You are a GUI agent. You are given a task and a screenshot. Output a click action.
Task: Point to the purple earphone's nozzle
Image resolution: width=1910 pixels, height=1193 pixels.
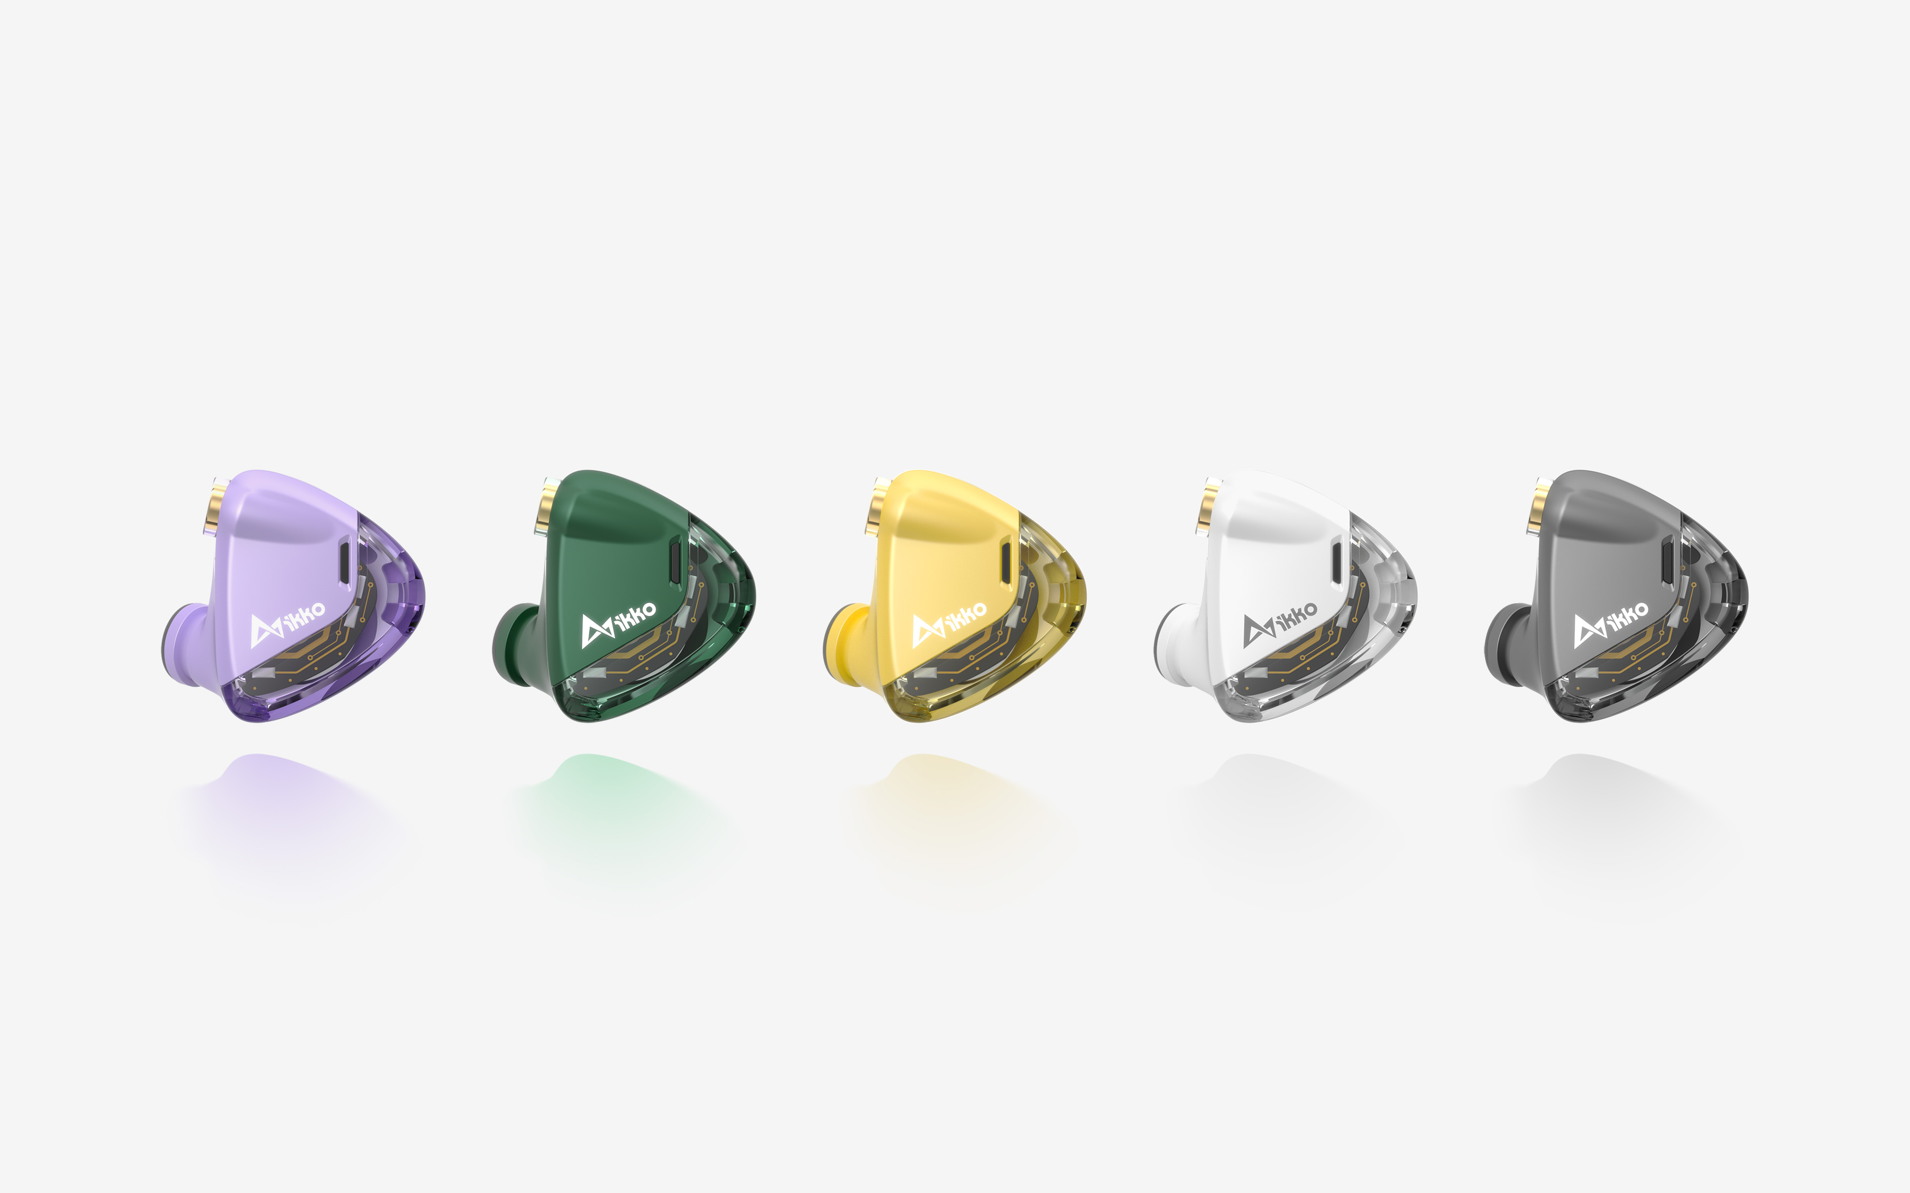(183, 643)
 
